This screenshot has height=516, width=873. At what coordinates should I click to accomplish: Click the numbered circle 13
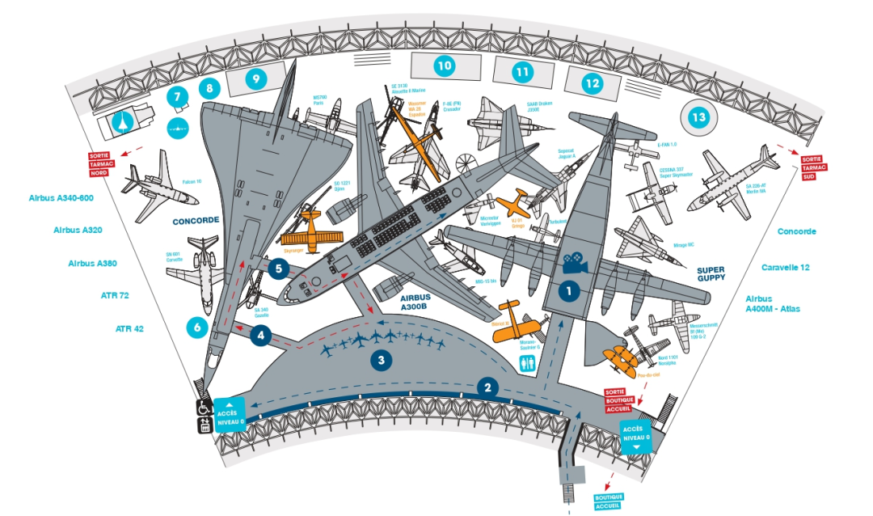[698, 118]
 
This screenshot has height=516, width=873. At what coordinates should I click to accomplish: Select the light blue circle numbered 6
[196, 327]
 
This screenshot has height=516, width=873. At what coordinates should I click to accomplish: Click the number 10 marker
[443, 66]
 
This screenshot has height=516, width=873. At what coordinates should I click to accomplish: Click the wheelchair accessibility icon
[205, 408]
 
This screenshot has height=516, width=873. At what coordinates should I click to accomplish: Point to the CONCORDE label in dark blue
[197, 219]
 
